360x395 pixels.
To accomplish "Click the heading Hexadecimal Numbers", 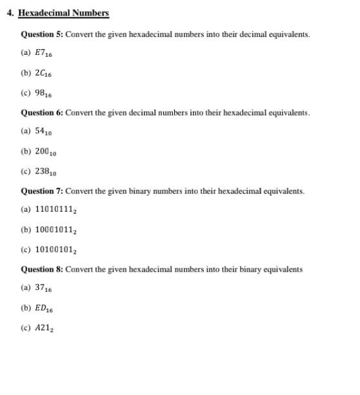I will click(x=63, y=13).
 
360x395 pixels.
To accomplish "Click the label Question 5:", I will click(x=42, y=34).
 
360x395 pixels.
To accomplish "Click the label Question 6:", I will click(x=42, y=112).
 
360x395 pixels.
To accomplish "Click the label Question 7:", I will click(x=42, y=191).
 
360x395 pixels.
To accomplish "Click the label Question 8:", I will click(x=42, y=269).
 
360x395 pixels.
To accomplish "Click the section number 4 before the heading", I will click(x=10, y=13).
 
